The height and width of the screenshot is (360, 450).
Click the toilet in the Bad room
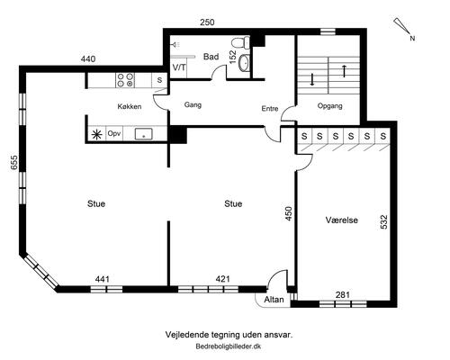click(x=241, y=42)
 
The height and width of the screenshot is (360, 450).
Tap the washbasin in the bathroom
click(x=244, y=63)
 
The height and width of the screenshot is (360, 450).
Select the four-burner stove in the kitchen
click(x=125, y=80)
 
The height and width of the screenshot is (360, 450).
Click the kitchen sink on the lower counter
click(x=144, y=134)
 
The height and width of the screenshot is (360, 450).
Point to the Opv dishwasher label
click(x=114, y=133)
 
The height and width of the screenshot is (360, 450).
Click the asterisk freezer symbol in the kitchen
click(x=96, y=135)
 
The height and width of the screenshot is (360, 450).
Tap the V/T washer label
click(x=179, y=67)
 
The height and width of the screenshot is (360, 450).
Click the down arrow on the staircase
click(x=312, y=79)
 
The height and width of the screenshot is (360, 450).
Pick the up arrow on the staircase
click(x=345, y=71)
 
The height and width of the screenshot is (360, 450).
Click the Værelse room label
click(x=342, y=220)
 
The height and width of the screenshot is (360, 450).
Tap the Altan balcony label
click(x=274, y=300)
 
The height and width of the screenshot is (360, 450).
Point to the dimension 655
click(x=14, y=162)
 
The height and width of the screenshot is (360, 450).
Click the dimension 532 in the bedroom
click(x=383, y=221)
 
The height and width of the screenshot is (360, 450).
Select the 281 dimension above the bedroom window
click(x=343, y=295)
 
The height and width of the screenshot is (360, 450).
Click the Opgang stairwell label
click(x=329, y=106)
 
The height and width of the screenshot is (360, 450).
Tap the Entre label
click(x=270, y=109)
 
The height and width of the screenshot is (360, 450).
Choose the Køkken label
click(x=130, y=106)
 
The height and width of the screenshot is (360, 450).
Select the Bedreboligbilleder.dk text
click(x=229, y=346)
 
